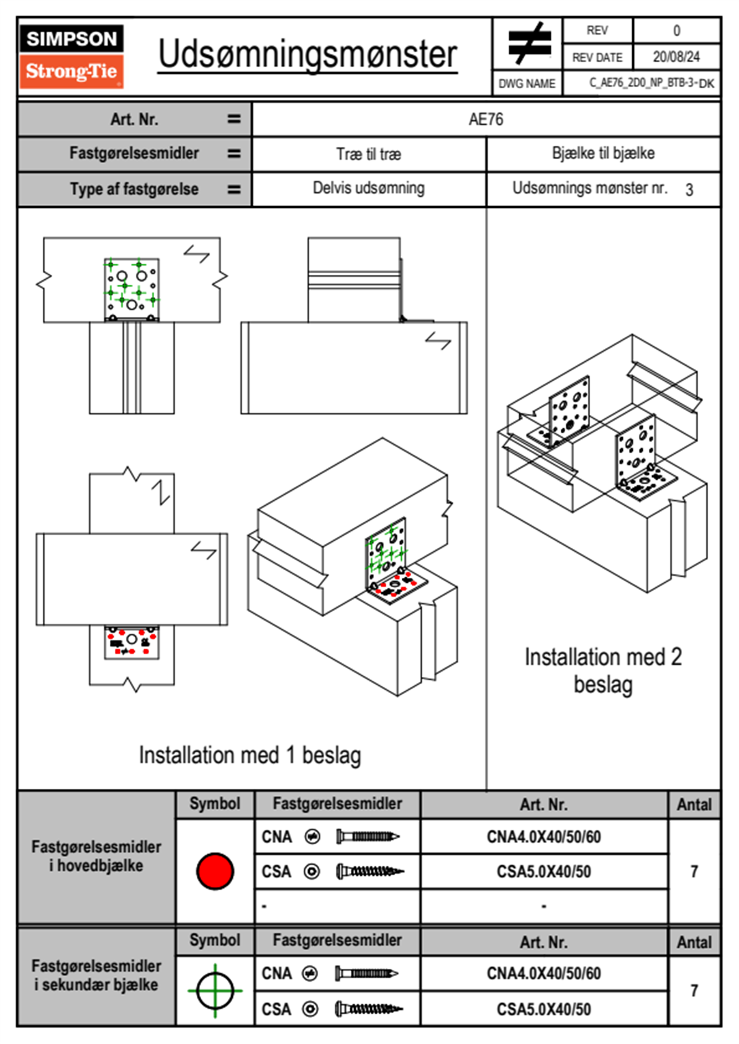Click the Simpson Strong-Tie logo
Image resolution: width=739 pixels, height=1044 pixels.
(x=71, y=56)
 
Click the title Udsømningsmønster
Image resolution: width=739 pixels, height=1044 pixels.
(x=307, y=55)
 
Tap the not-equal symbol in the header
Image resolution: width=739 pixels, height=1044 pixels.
(x=528, y=43)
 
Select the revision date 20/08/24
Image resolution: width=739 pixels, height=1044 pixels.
(x=676, y=57)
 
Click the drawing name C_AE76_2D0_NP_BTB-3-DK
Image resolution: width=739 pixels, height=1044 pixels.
(x=651, y=83)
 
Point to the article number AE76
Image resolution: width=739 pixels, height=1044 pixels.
(x=486, y=119)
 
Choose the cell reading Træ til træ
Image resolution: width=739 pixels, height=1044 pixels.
(x=368, y=154)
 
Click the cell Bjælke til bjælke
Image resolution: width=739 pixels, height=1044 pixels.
(x=603, y=153)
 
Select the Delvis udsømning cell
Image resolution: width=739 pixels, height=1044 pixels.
(x=368, y=188)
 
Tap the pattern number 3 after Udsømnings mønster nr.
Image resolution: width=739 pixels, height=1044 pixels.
(x=689, y=190)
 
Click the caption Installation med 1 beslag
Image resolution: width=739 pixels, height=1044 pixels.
(x=250, y=755)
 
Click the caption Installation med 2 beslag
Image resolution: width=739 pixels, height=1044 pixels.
(x=603, y=670)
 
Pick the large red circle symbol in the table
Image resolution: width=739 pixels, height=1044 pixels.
(x=215, y=871)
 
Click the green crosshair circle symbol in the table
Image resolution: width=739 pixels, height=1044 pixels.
(x=215, y=991)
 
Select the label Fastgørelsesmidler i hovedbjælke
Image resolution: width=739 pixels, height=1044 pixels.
(x=96, y=856)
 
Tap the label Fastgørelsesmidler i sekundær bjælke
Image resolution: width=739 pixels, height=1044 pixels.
(x=96, y=975)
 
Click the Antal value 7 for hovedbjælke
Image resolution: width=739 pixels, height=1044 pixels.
(x=694, y=871)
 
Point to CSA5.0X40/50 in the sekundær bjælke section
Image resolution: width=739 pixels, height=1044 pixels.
(x=543, y=1009)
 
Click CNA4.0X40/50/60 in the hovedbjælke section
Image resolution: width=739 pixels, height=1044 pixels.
(x=543, y=837)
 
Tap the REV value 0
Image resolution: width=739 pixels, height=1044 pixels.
(x=676, y=30)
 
